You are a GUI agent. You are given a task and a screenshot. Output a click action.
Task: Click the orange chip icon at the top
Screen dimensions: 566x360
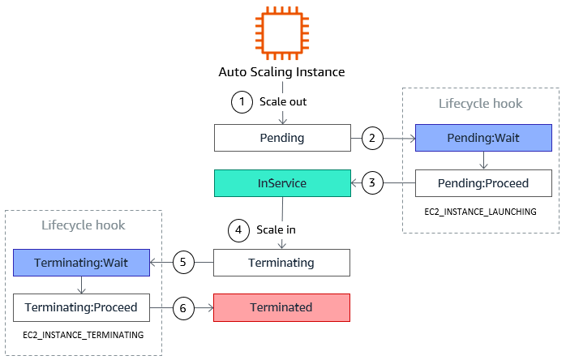pyautogui.click(x=282, y=33)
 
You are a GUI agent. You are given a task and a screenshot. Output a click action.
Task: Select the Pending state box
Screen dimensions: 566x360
pyautogui.click(x=282, y=138)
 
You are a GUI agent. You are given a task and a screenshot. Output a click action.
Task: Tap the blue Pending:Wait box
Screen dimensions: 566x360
pyautogui.click(x=483, y=138)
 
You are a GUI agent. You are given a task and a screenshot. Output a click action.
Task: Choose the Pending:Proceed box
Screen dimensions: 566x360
pyautogui.click(x=483, y=183)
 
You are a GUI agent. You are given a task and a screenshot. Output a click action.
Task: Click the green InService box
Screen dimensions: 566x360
pyautogui.click(x=282, y=183)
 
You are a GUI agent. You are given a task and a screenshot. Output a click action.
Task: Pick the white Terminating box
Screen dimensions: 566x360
pyautogui.click(x=281, y=263)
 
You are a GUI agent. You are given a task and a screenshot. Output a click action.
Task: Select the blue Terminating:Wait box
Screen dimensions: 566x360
pyautogui.click(x=81, y=263)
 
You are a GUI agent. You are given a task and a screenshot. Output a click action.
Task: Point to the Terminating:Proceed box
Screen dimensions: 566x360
pyautogui.click(x=81, y=307)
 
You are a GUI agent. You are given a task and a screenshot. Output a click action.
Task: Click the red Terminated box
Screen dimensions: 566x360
pyautogui.click(x=281, y=307)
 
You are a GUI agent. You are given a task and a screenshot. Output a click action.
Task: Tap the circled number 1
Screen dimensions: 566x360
pyautogui.click(x=242, y=102)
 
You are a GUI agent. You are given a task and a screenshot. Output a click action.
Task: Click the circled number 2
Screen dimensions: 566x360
pyautogui.click(x=372, y=138)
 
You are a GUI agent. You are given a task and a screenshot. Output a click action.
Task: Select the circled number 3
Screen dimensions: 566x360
pyautogui.click(x=372, y=182)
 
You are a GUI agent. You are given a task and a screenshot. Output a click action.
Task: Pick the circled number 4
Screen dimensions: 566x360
pyautogui.click(x=238, y=230)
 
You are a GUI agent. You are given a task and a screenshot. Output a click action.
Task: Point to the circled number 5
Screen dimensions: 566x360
pyautogui.click(x=183, y=262)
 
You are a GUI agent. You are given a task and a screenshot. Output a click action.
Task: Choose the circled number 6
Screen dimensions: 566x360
pyautogui.click(x=183, y=308)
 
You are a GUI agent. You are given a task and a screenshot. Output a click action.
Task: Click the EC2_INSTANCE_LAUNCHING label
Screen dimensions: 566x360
pyautogui.click(x=480, y=212)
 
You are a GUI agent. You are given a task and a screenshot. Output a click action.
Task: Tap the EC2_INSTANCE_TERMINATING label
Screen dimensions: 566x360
pyautogui.click(x=83, y=335)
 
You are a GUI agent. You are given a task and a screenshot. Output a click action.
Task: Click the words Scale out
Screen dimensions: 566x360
pyautogui.click(x=283, y=102)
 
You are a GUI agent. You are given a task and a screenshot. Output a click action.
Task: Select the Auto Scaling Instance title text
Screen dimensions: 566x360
pyautogui.click(x=281, y=72)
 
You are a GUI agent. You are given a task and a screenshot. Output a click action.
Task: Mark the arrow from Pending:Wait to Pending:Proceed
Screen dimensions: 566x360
pyautogui.click(x=484, y=161)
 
